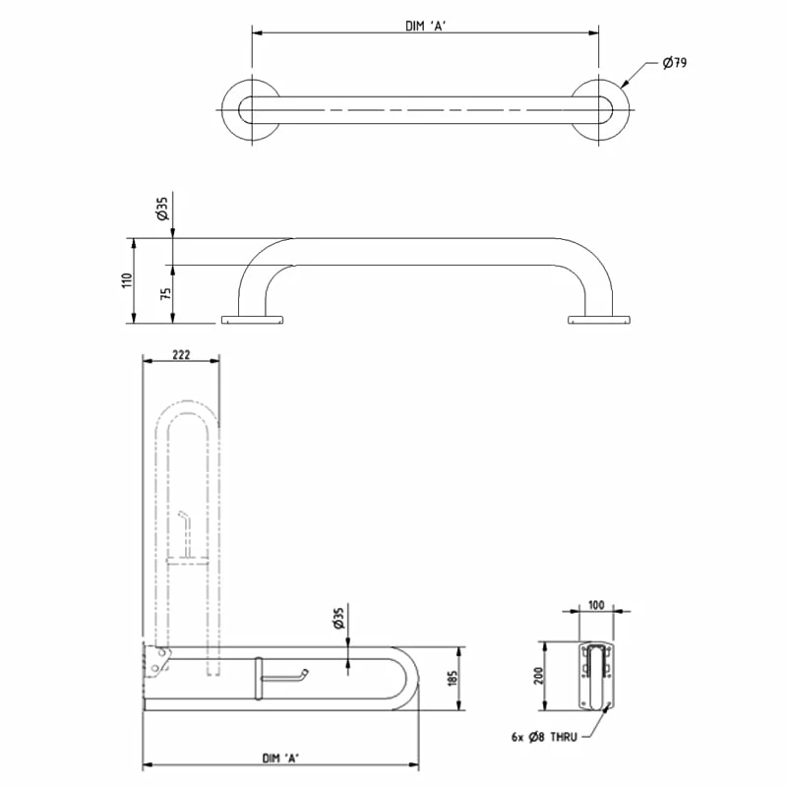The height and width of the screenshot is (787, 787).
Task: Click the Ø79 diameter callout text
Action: [674, 63]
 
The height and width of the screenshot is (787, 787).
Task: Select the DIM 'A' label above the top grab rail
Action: [426, 26]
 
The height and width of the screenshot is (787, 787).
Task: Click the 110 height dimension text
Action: [126, 280]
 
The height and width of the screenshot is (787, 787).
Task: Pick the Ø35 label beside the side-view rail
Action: [160, 209]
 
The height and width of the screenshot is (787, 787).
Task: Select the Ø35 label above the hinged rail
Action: [337, 618]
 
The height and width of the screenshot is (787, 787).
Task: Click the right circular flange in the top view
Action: [600, 109]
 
